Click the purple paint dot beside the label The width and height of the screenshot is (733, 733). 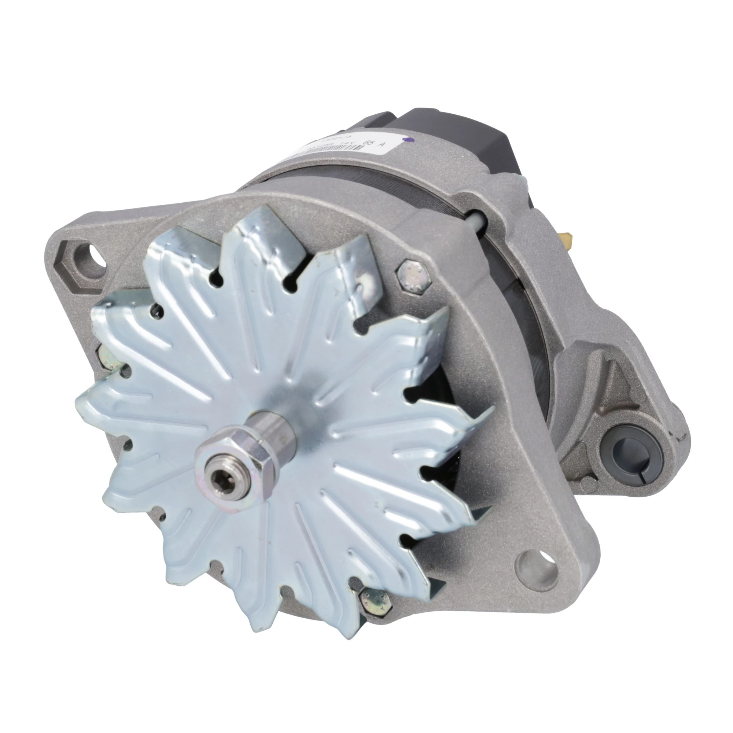tap(408, 139)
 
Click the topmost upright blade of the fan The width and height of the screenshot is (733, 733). tap(258, 243)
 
